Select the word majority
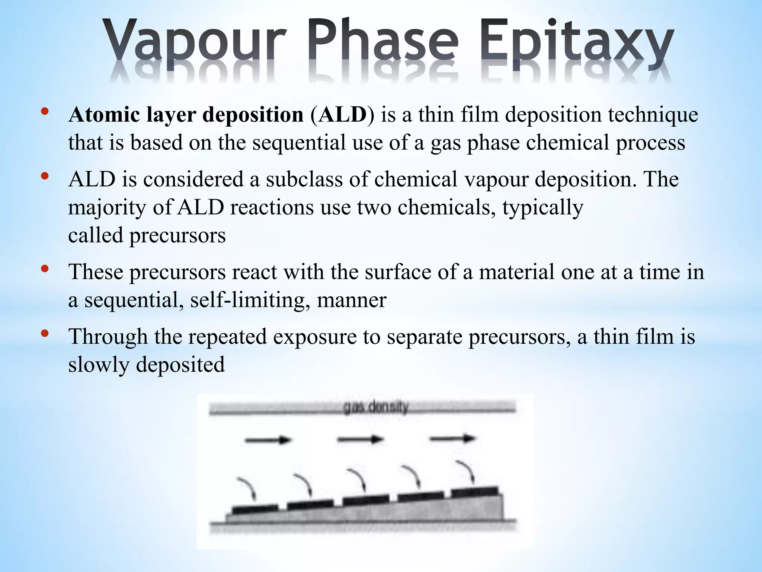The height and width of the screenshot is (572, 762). (x=107, y=208)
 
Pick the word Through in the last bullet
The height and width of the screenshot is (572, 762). (x=108, y=337)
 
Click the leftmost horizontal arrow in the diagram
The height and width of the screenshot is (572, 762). (x=268, y=440)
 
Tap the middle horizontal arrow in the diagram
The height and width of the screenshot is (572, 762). (x=360, y=439)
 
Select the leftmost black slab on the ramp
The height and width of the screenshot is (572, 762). (x=255, y=509)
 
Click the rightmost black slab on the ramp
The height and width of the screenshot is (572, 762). (x=474, y=492)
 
